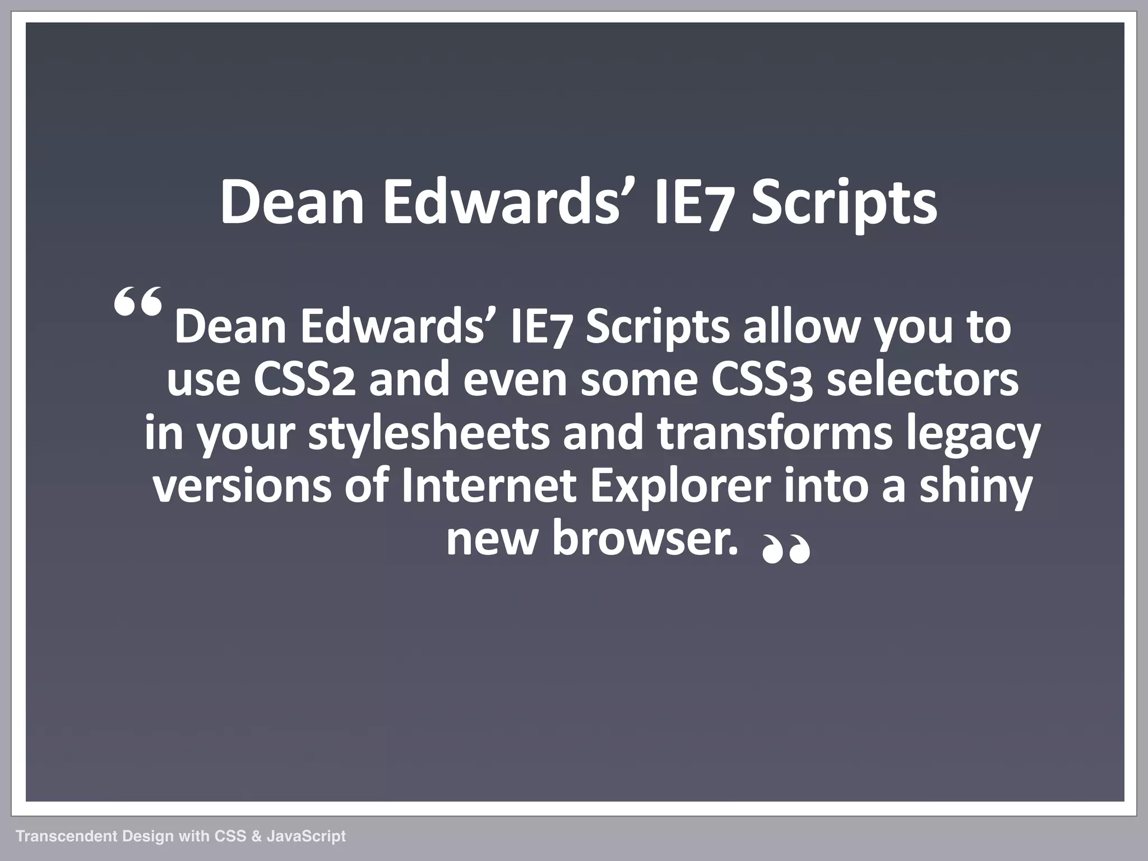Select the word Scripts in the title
[843, 203]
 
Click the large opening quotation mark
[138, 303]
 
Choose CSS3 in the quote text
[762, 380]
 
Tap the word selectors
[923, 380]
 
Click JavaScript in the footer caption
[306, 837]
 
